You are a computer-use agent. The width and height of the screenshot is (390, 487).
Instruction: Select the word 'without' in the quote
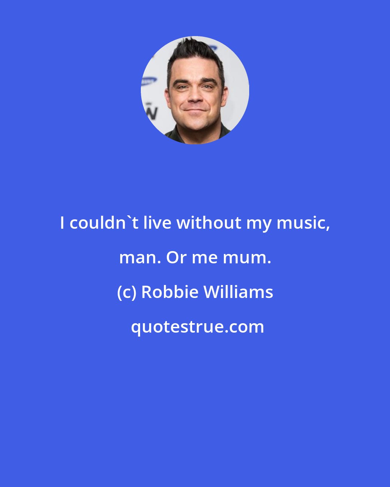tap(209, 223)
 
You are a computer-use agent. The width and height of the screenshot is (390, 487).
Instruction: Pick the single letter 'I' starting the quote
tap(62, 223)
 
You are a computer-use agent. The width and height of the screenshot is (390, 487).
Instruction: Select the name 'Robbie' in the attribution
tap(170, 292)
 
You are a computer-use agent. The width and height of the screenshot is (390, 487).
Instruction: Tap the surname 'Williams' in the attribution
tap(238, 292)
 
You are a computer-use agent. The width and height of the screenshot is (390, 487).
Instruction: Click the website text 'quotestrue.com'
tap(197, 327)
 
